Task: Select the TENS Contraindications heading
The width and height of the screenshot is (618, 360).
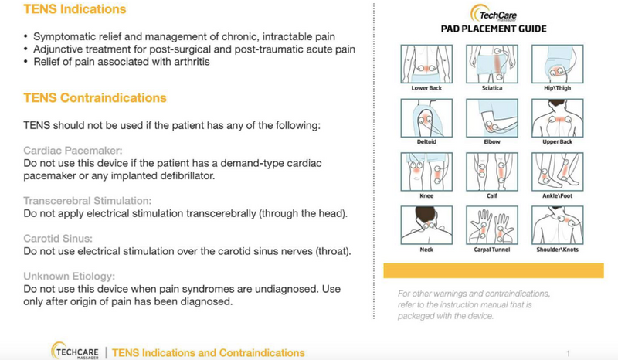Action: [95, 99]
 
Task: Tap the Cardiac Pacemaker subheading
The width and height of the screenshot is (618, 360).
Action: [73, 151]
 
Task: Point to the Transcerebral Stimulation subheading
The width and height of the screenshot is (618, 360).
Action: [87, 201]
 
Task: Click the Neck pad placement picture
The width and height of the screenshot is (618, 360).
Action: [421, 226]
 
